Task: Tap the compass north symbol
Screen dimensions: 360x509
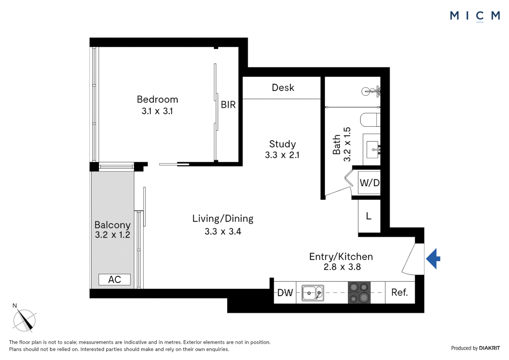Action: pos(25,320)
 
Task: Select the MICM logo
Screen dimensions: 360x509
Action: pos(475,16)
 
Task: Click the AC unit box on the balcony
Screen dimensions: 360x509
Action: pos(114,279)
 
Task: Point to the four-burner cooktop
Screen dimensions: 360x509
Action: pos(359,292)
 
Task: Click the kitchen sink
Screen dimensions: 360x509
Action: pos(312,293)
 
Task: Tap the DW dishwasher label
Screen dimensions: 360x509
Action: pos(285,293)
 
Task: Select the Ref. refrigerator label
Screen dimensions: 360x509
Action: pos(399,292)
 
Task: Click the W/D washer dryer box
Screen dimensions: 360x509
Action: pos(369,183)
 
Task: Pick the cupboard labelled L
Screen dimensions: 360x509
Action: pos(369,216)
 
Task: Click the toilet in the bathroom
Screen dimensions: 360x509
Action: pos(370,120)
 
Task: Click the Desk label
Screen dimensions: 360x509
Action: pos(283,88)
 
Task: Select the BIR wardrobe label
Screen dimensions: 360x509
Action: pos(228,105)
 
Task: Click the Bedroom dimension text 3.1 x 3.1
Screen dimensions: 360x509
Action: pos(157,111)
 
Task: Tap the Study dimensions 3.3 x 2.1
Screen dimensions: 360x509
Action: pos(282,155)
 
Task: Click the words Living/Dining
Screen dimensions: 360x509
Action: pos(223,219)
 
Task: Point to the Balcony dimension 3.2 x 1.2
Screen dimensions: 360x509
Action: pos(112,235)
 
